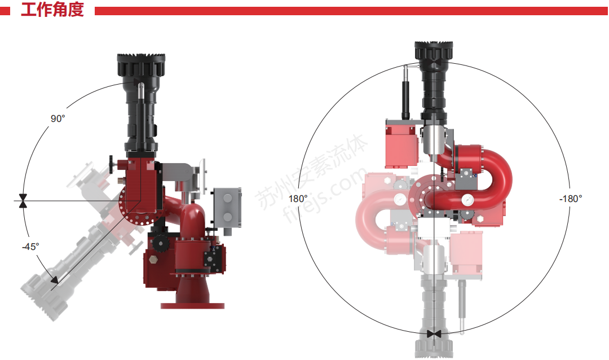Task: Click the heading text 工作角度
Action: (52, 10)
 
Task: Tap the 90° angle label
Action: (58, 118)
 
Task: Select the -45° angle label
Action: (30, 247)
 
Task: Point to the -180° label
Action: (571, 199)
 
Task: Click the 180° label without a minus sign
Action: (298, 199)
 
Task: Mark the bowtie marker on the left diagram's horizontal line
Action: (23, 201)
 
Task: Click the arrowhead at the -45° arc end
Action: (54, 279)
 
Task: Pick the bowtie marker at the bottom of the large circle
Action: (434, 334)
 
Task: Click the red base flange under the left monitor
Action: (193, 306)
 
